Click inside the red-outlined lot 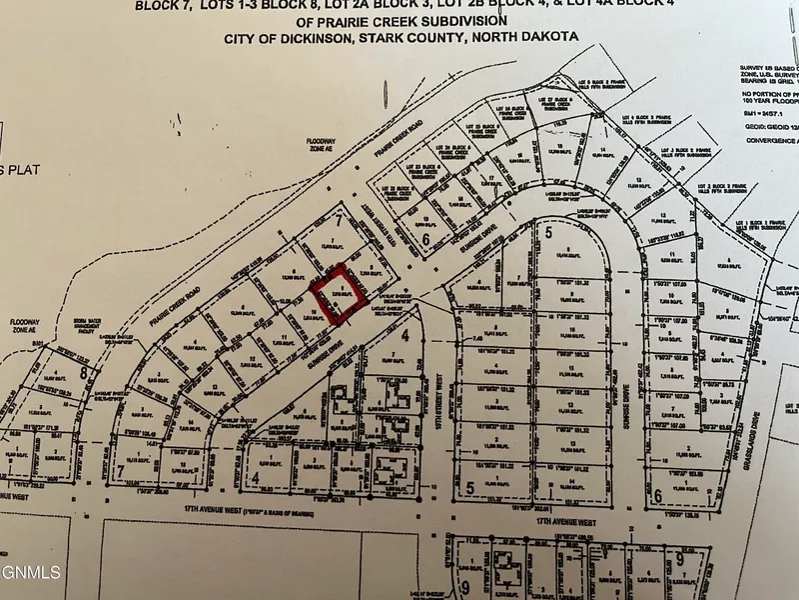tap(337, 295)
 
